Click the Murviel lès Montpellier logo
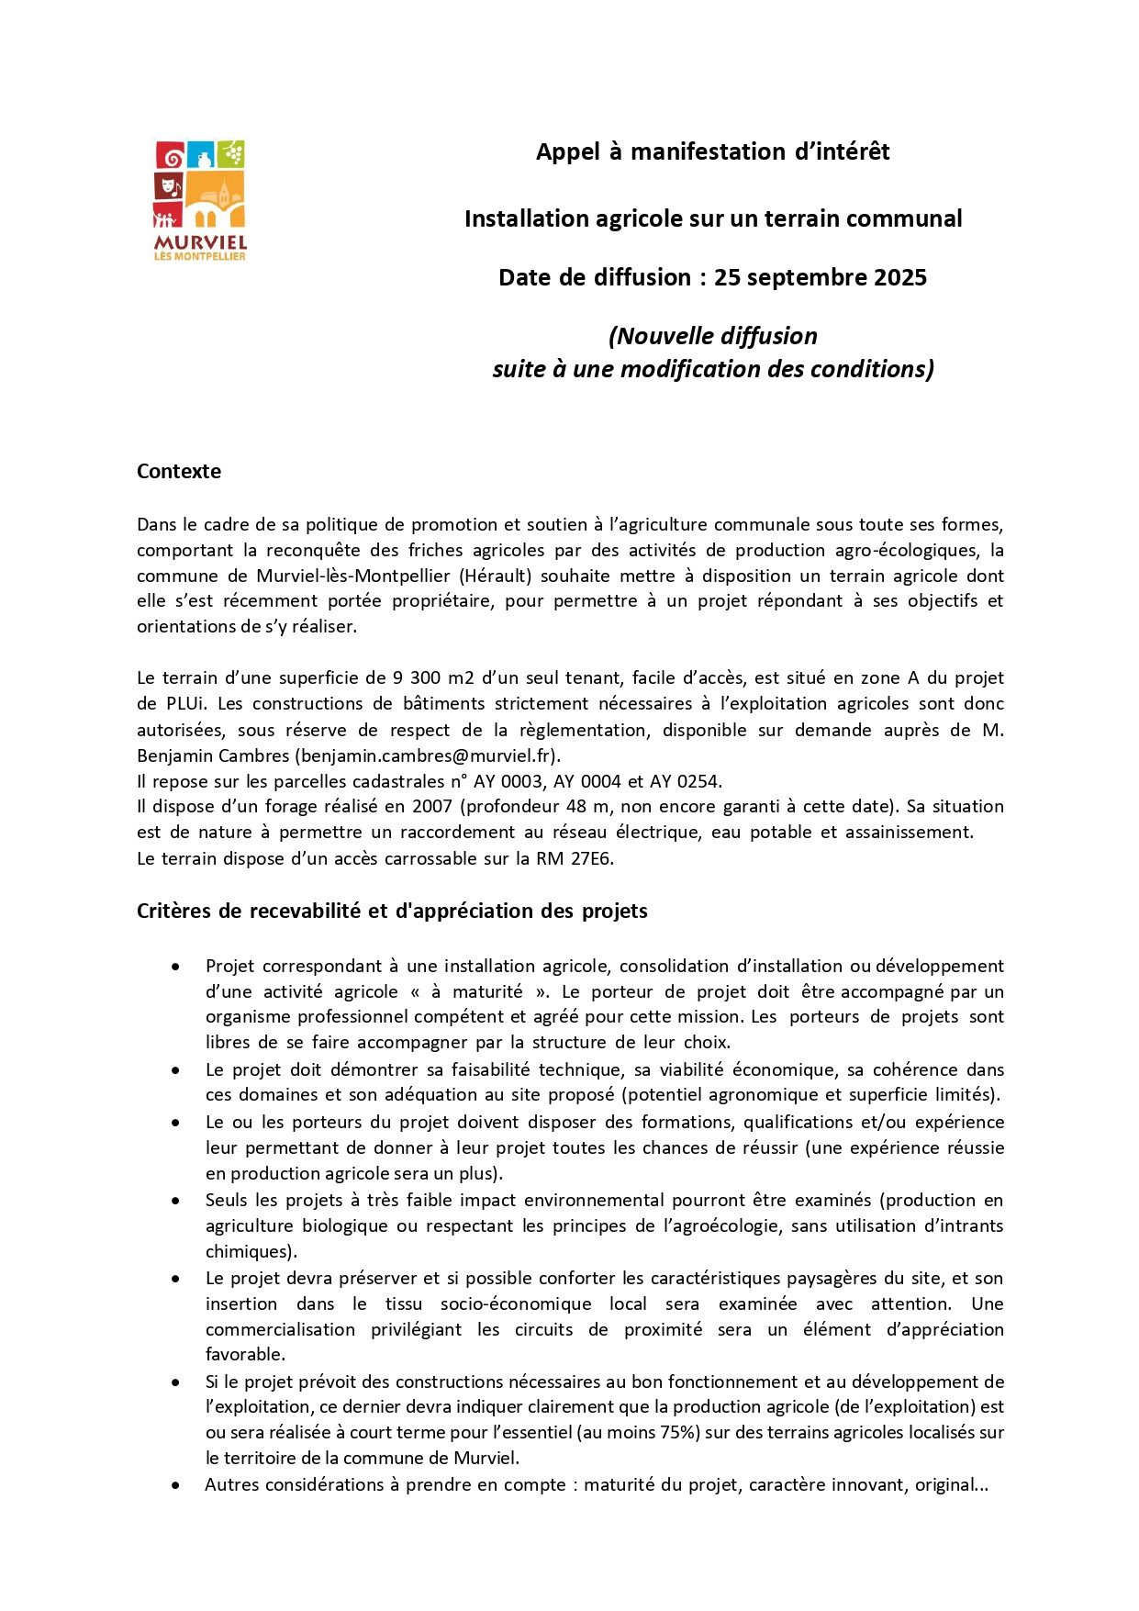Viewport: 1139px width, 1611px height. point(200,200)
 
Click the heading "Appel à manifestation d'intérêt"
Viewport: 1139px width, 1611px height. point(712,151)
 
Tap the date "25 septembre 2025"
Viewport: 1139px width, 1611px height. point(821,277)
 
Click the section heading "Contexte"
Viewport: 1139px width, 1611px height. point(179,471)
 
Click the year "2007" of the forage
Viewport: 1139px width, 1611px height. point(431,807)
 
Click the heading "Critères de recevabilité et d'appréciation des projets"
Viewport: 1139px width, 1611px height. point(392,911)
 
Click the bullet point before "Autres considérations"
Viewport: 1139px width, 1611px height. point(175,1484)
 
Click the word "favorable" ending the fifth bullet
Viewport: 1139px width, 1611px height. point(244,1354)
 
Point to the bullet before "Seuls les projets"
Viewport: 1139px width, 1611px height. point(175,1201)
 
